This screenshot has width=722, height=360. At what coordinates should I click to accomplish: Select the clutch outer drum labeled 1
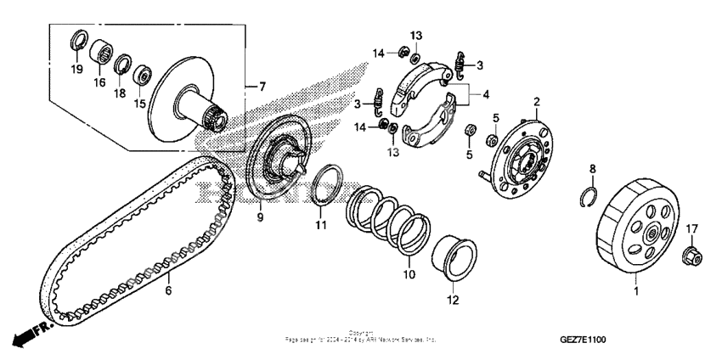pyautogui.click(x=636, y=235)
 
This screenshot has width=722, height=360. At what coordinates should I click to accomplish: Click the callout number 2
pyautogui.click(x=536, y=103)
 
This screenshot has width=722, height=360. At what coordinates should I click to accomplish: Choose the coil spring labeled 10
pyautogui.click(x=387, y=223)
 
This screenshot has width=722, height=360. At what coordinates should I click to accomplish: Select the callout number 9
pyautogui.click(x=260, y=217)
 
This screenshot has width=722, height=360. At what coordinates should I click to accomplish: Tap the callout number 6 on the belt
pyautogui.click(x=167, y=290)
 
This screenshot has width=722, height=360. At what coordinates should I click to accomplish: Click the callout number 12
pyautogui.click(x=452, y=299)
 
